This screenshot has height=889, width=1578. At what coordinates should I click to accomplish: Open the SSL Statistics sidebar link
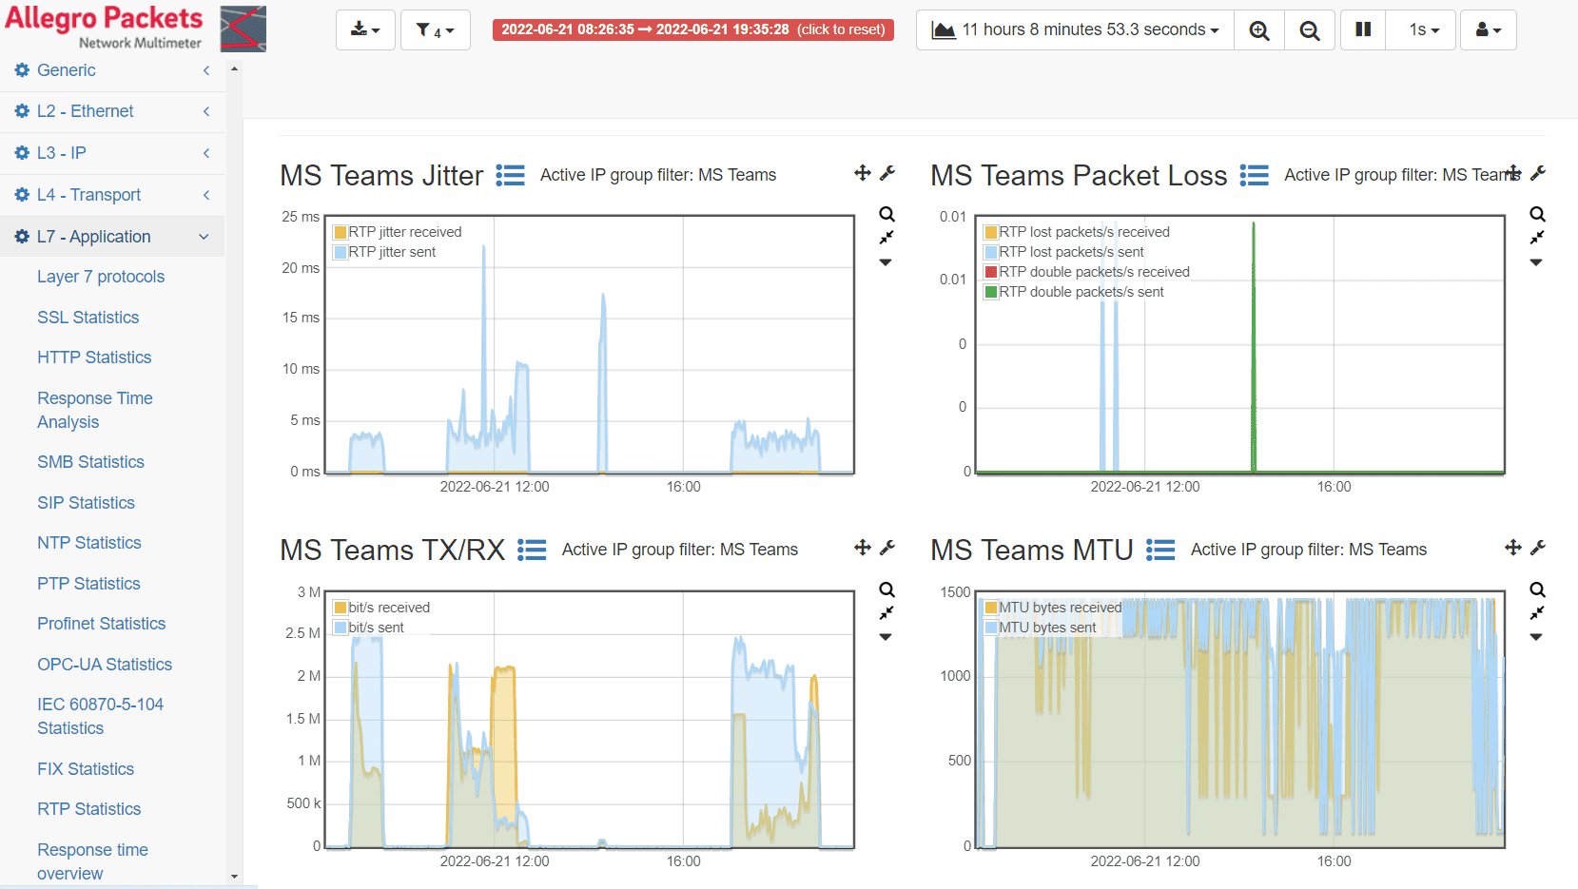[88, 317]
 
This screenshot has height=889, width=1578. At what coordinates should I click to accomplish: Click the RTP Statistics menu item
[88, 809]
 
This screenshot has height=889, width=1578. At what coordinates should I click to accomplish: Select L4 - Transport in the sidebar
[88, 194]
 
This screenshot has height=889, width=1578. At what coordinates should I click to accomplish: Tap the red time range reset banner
[693, 29]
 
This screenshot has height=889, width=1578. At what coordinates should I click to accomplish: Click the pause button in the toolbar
[1363, 29]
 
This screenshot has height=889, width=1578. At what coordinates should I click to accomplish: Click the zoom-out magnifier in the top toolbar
[1310, 29]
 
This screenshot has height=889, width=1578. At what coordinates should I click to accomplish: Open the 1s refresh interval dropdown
[1423, 29]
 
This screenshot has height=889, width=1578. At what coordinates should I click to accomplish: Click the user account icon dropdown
[1488, 29]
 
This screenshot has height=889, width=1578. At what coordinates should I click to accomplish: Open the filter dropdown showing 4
[436, 29]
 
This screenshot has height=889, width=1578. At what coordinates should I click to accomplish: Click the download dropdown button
[365, 29]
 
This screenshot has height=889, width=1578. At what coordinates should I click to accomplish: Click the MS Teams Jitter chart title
[381, 175]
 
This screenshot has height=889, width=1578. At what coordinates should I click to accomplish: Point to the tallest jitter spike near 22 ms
[484, 246]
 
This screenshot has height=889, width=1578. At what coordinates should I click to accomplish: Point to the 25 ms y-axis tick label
[301, 217]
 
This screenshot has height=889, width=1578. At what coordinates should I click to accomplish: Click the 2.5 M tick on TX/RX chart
[302, 633]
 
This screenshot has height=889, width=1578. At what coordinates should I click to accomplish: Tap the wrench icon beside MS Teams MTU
[1538, 548]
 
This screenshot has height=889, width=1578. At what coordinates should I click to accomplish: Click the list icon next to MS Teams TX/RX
[532, 550]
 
